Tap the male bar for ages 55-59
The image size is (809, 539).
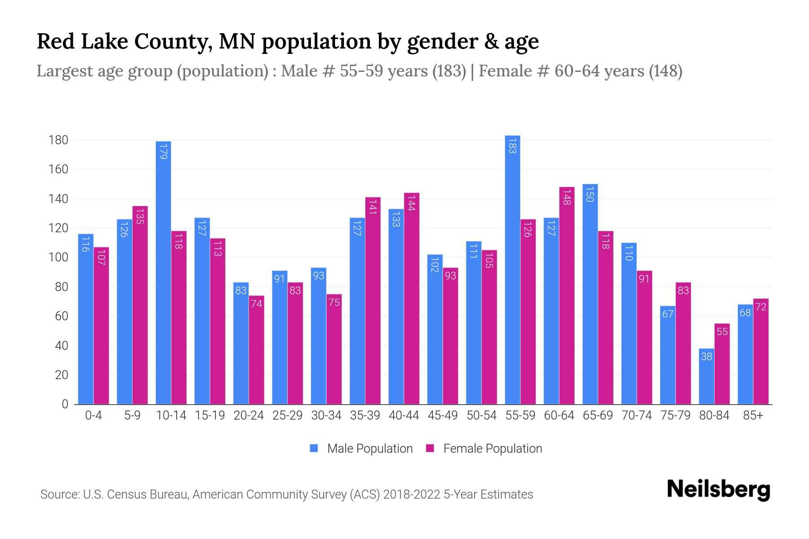512,269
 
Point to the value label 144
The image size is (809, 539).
412,204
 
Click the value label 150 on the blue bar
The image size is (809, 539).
590,195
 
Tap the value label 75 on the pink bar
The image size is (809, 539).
334,303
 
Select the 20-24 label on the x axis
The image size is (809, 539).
249,415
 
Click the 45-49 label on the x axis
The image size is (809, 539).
443,415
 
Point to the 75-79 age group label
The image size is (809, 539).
676,415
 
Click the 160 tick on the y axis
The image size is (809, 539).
58,169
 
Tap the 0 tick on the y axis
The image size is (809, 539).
65,404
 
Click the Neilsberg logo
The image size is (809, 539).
718,490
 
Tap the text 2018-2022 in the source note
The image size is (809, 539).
412,495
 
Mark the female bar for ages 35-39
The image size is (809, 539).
373,301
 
